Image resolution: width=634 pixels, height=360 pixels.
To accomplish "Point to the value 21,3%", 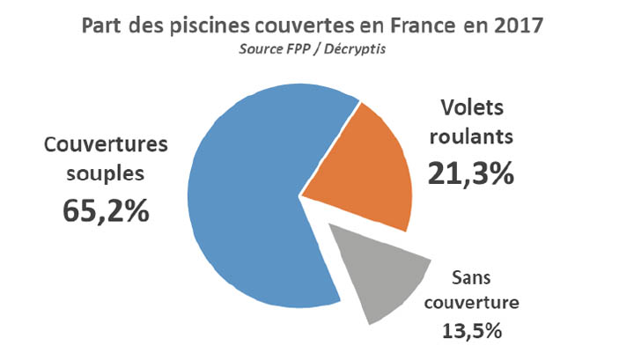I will tap(470, 173).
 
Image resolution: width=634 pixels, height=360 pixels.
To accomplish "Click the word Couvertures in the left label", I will tap(105, 144).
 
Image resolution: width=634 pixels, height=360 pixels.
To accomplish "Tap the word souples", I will tap(105, 174).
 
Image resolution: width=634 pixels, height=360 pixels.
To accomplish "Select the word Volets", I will tap(471, 113).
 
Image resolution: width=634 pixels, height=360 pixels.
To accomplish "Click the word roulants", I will tap(471, 139).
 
